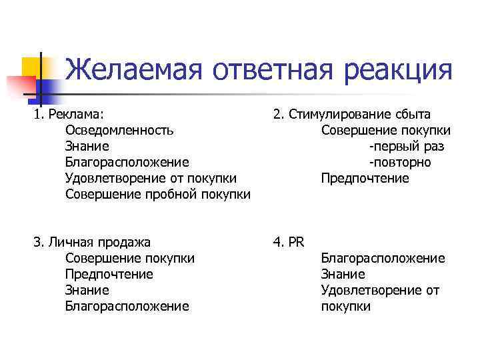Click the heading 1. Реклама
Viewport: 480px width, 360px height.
click(69, 114)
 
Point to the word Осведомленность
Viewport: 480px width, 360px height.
click(120, 130)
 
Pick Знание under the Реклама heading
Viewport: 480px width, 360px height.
click(87, 146)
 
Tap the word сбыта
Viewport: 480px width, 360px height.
click(411, 114)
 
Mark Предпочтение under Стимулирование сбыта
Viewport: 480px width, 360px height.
click(365, 178)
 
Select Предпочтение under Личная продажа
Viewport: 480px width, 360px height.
click(109, 274)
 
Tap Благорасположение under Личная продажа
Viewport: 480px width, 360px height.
click(127, 306)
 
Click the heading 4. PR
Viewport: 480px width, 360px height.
click(289, 242)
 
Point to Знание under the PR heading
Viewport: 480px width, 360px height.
click(343, 274)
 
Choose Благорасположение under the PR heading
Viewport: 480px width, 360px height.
click(383, 258)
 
